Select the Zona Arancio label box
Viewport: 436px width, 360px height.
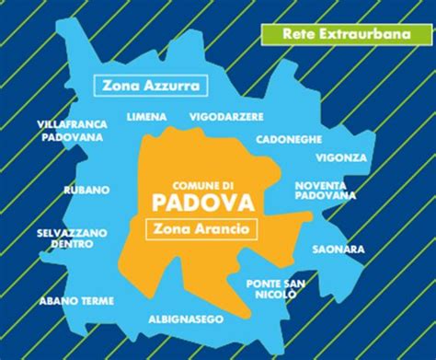click(x=201, y=226)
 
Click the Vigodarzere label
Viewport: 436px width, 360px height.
click(x=226, y=117)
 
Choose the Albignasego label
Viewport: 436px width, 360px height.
click(x=187, y=319)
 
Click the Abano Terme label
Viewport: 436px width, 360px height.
click(x=76, y=300)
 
